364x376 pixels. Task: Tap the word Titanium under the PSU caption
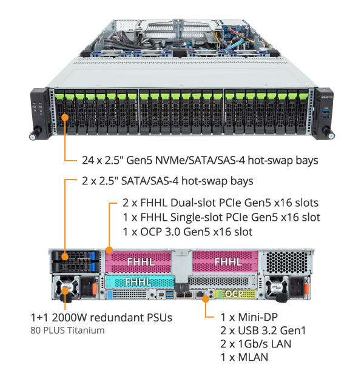(86, 331)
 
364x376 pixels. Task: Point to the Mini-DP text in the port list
(258, 317)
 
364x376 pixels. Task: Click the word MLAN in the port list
(253, 357)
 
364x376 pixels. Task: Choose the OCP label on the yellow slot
(234, 294)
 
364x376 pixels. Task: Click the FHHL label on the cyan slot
(138, 282)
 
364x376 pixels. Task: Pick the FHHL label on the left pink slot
(140, 261)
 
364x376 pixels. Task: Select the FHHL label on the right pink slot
(228, 261)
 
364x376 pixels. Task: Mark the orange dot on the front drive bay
(65, 118)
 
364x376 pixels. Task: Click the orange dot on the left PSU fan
(65, 291)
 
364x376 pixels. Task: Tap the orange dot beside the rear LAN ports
(206, 299)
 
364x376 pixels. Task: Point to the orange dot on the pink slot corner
(109, 250)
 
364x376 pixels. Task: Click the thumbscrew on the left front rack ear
(36, 133)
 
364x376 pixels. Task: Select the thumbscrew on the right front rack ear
(328, 133)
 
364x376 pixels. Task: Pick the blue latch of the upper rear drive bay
(93, 255)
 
